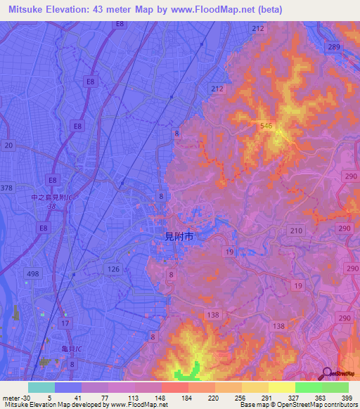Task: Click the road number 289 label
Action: (333, 47)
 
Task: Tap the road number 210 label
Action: (295, 231)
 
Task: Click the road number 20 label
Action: (8, 145)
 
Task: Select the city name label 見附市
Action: (174, 238)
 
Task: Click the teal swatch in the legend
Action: (41, 387)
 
